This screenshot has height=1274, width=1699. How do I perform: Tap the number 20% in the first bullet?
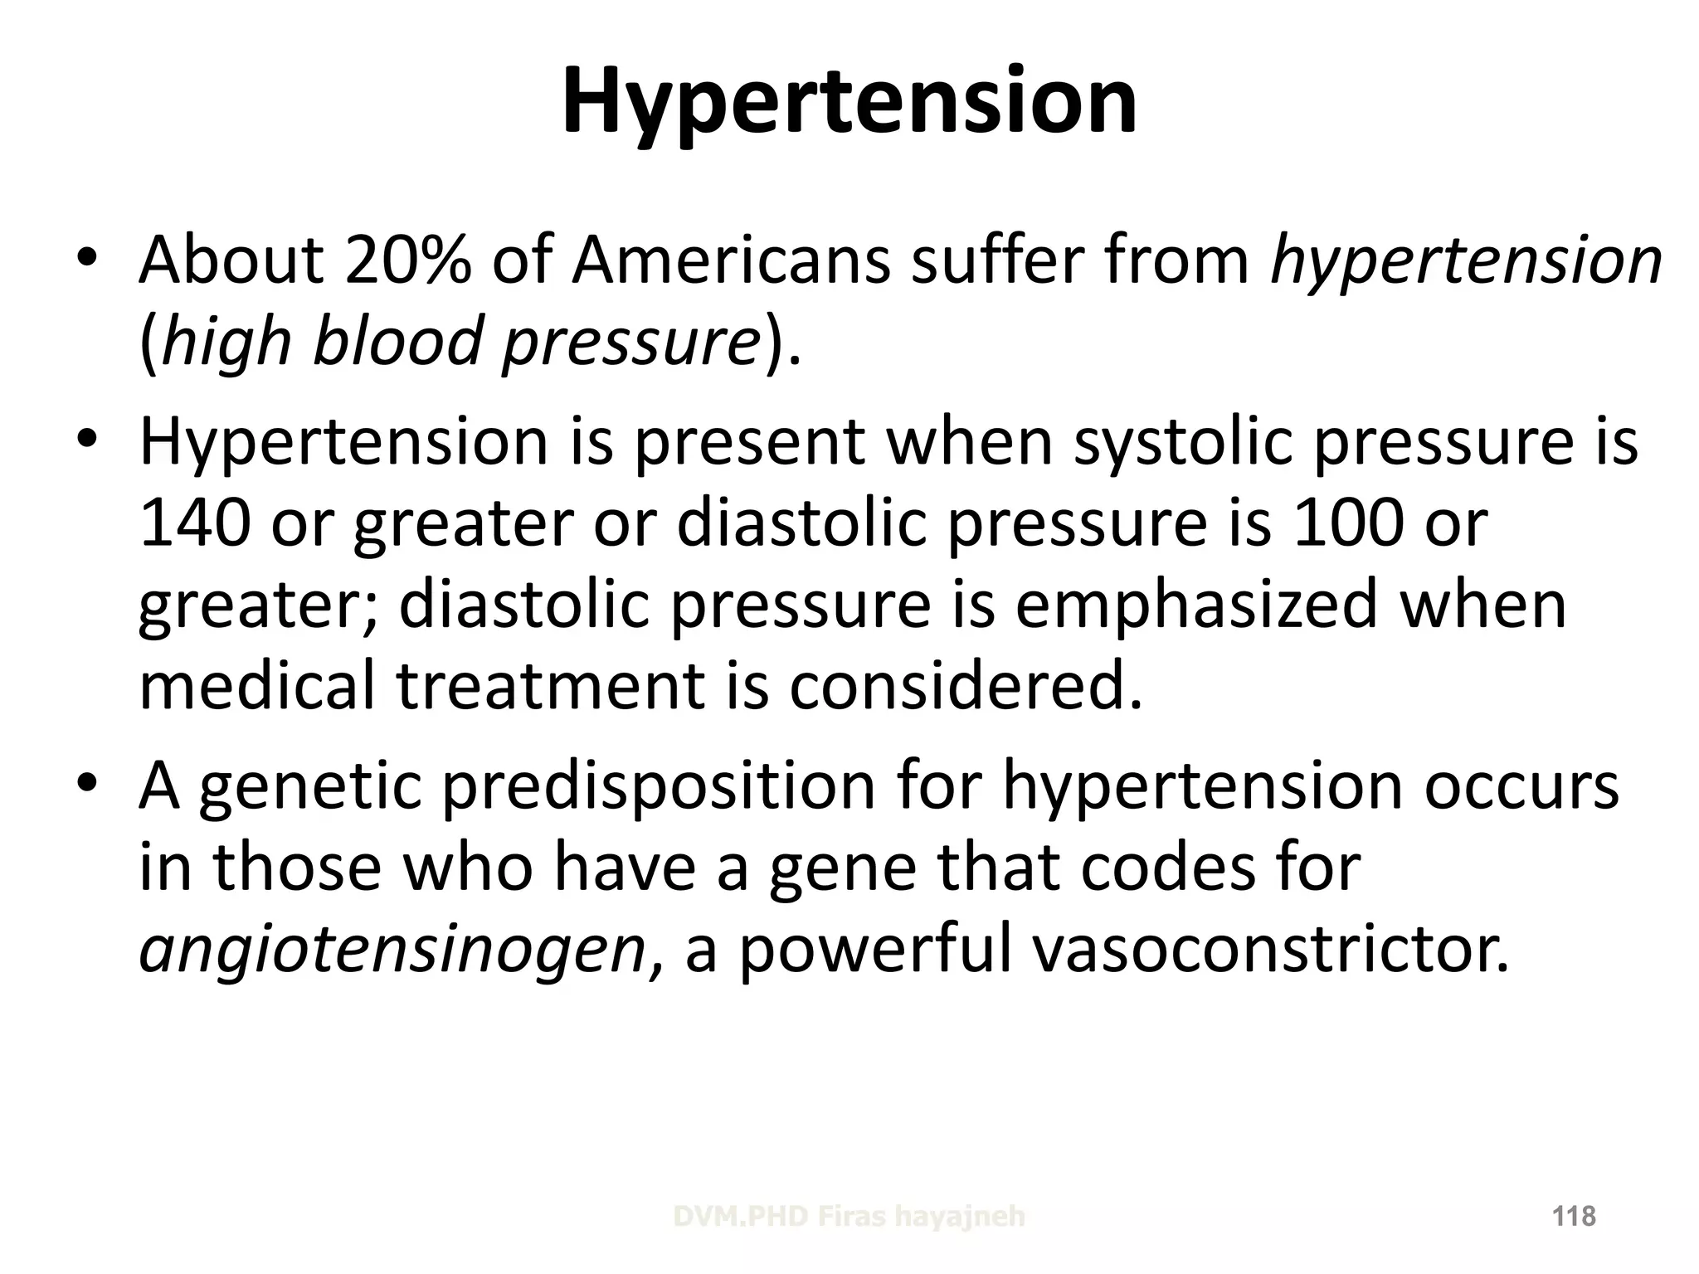[408, 260]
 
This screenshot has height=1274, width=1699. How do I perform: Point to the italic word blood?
[397, 342]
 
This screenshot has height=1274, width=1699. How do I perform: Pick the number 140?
[195, 524]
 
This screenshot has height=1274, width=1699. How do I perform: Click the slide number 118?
[1574, 1217]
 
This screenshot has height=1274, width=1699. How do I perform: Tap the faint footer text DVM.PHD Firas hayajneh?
[849, 1217]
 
